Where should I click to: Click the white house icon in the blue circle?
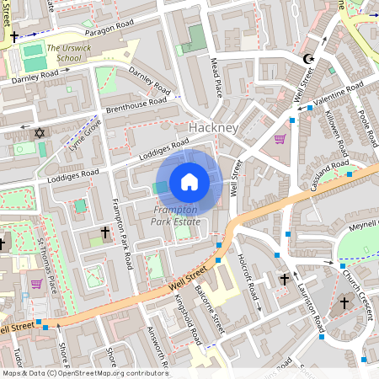[x=189, y=182]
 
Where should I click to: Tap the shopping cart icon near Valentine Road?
[x=280, y=139]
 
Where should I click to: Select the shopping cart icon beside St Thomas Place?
[x=36, y=284]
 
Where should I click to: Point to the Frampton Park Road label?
[x=122, y=235]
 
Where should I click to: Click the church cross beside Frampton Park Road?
[x=105, y=232]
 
